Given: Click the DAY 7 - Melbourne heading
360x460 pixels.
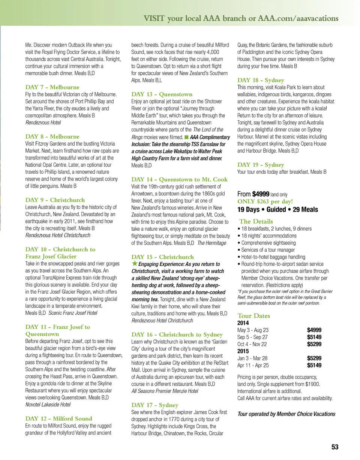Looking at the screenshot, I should [x=52, y=87].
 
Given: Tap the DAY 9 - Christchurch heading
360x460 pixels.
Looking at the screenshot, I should [x=55, y=200].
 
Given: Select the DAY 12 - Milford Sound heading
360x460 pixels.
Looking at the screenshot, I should [x=58, y=418].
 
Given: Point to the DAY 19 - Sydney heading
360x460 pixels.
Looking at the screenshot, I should [x=261, y=165].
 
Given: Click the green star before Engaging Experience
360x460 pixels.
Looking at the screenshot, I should [x=135, y=264].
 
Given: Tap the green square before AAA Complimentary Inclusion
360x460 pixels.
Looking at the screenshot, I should [x=186, y=137].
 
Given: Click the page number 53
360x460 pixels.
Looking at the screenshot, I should [x=335, y=447].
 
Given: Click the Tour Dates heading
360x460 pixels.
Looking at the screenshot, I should [x=254, y=316].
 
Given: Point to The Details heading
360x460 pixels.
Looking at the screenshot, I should [x=256, y=221].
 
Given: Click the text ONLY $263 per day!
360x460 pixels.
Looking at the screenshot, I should [x=265, y=202].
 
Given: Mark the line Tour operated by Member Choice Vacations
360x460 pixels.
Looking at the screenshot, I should [x=286, y=414].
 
